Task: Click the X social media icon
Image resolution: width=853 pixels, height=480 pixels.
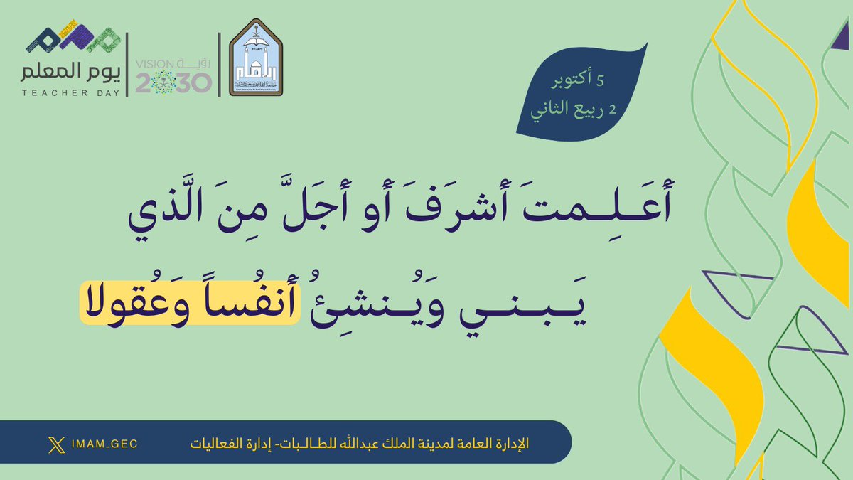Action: tap(55, 444)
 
